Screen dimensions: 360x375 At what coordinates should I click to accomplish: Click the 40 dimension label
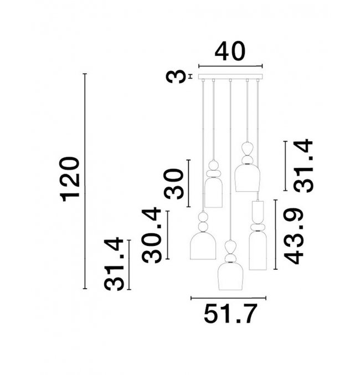pyautogui.click(x=230, y=51)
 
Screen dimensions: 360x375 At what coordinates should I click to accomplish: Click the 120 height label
pyautogui.click(x=70, y=179)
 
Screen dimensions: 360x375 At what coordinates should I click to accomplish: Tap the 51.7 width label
pyautogui.click(x=230, y=314)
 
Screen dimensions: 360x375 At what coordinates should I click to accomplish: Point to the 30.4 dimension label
pyautogui.click(x=152, y=235)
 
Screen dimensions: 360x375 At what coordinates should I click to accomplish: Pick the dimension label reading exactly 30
pyautogui.click(x=173, y=184)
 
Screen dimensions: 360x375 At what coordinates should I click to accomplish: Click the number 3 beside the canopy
pyautogui.click(x=176, y=76)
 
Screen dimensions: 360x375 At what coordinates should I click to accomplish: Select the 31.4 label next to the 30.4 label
pyautogui.click(x=114, y=264)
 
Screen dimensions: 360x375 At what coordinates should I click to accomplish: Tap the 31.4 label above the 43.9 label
pyautogui.click(x=303, y=166)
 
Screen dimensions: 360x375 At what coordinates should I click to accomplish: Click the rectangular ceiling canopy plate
pyautogui.click(x=230, y=76)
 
